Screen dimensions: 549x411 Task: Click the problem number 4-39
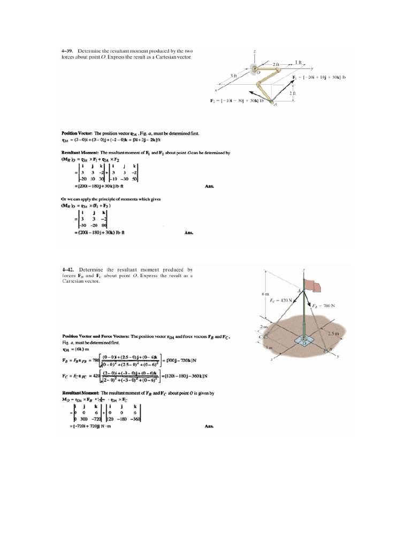coord(68,51)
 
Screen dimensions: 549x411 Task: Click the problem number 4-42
coord(68,270)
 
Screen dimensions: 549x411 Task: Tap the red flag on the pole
coord(313,285)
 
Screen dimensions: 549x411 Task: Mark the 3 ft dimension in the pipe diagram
coord(234,76)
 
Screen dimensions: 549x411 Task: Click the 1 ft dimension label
coord(298,63)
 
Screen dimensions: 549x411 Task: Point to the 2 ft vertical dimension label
coord(293,93)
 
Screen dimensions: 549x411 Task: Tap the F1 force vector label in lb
coord(319,77)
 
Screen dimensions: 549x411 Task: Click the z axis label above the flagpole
coord(303,270)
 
